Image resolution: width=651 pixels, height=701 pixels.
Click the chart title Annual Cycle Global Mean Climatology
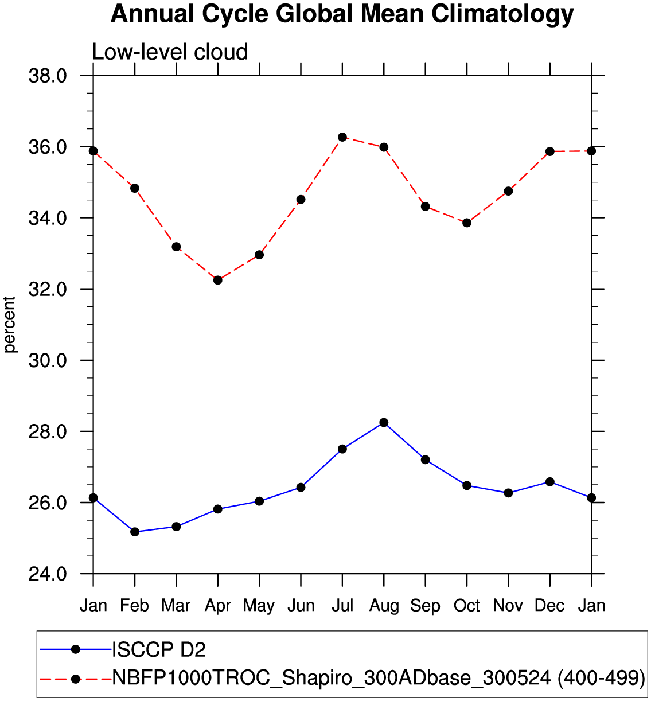(x=342, y=14)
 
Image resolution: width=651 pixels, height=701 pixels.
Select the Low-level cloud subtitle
(x=170, y=52)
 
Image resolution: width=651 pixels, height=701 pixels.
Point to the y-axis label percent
(x=10, y=324)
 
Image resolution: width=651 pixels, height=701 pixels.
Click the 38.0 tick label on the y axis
(x=48, y=76)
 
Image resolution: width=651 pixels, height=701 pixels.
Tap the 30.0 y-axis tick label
(x=48, y=360)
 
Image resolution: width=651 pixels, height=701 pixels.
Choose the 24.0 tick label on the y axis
(x=48, y=574)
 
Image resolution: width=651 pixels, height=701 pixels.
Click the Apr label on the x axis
(x=217, y=606)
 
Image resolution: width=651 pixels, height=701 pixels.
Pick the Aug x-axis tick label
(x=384, y=606)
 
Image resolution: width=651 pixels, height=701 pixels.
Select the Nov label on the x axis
(x=508, y=606)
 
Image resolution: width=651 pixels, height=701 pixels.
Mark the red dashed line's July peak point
(x=342, y=137)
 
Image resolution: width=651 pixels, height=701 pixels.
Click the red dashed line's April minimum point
(x=217, y=280)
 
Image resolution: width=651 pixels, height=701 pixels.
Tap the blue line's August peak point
(x=384, y=423)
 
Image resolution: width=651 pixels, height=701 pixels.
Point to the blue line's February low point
(x=135, y=532)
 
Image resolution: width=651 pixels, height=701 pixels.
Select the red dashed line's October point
(x=467, y=223)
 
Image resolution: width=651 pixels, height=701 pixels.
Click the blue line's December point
(x=550, y=482)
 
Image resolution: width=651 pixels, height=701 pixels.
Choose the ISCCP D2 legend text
(x=159, y=649)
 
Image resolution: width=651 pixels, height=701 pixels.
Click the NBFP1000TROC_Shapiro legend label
(x=379, y=678)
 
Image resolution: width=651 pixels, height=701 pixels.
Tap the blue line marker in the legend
(x=75, y=649)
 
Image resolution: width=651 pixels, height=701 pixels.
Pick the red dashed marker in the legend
(x=75, y=679)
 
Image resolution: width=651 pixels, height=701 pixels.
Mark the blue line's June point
(x=301, y=488)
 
